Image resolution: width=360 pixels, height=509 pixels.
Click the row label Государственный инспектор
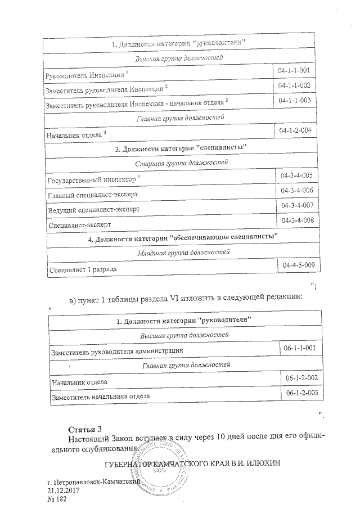tap(92, 180)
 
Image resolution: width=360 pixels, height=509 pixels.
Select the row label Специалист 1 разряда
tap(83, 269)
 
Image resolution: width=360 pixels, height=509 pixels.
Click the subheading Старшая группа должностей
tap(181, 163)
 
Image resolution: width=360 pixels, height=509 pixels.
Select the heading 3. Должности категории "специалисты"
tap(181, 148)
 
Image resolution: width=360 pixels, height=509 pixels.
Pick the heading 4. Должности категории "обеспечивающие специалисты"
tap(184, 238)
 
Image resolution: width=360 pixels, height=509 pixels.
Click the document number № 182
tap(57, 499)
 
